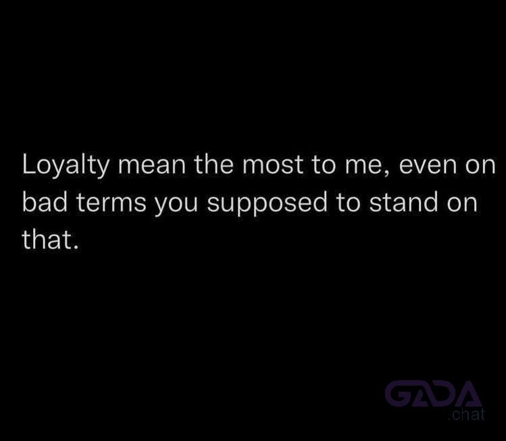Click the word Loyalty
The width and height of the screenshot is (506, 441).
click(x=66, y=165)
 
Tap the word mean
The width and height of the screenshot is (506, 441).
click(x=152, y=165)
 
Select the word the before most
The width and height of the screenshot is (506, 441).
click(x=213, y=164)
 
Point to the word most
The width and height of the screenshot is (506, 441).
click(x=272, y=165)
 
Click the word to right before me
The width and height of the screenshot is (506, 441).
click(x=324, y=165)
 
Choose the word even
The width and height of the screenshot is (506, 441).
click(x=428, y=165)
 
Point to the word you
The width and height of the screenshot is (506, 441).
click(x=176, y=205)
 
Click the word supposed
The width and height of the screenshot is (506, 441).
click(x=267, y=203)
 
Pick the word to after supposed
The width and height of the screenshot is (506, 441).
click(x=348, y=203)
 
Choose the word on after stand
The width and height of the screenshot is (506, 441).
click(x=462, y=203)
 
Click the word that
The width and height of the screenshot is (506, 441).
click(x=47, y=239)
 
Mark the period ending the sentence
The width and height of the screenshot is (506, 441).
click(x=76, y=247)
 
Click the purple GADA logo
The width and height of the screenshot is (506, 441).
click(x=434, y=393)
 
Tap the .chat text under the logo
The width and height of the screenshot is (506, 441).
click(x=466, y=414)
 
